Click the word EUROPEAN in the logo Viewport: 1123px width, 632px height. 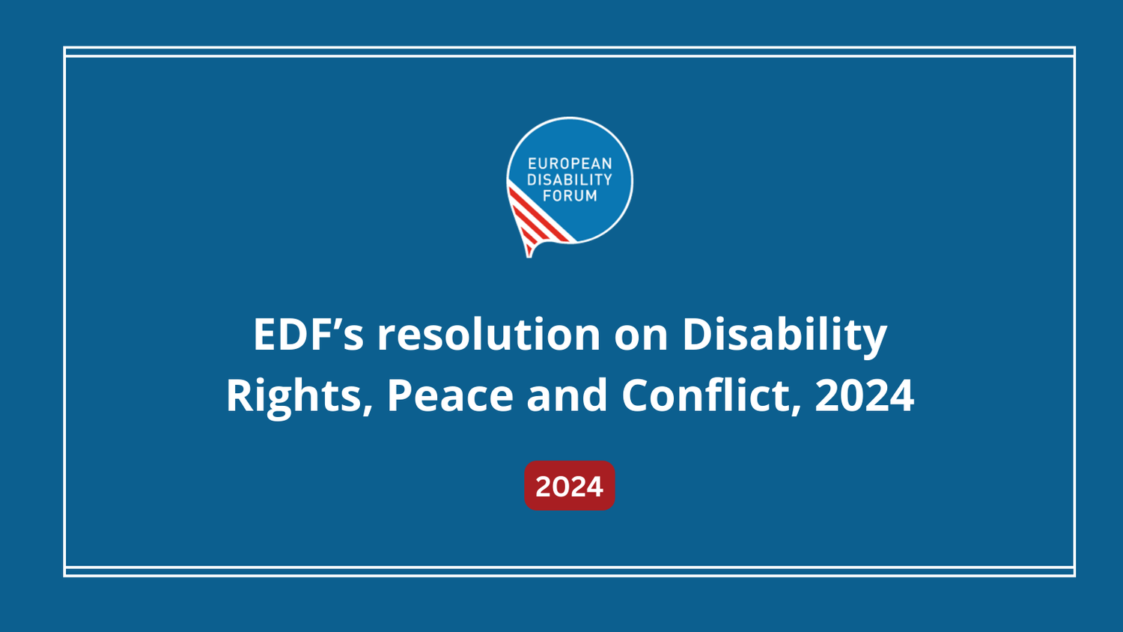coord(570,163)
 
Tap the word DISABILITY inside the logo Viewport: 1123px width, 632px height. coord(570,180)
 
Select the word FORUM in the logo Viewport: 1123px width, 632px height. coord(570,196)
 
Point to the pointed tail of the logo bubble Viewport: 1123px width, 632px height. coord(529,253)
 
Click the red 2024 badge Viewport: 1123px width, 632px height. coord(569,486)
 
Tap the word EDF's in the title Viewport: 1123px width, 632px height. coord(308,334)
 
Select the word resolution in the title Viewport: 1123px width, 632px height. coord(488,334)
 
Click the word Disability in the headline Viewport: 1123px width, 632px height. coord(784,334)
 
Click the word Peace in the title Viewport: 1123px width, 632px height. coord(449,395)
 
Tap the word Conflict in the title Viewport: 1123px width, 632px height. coord(704,395)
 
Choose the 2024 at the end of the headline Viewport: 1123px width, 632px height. coord(864,395)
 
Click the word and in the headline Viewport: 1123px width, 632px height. coord(567,395)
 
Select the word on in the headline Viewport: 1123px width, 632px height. coord(641,334)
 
